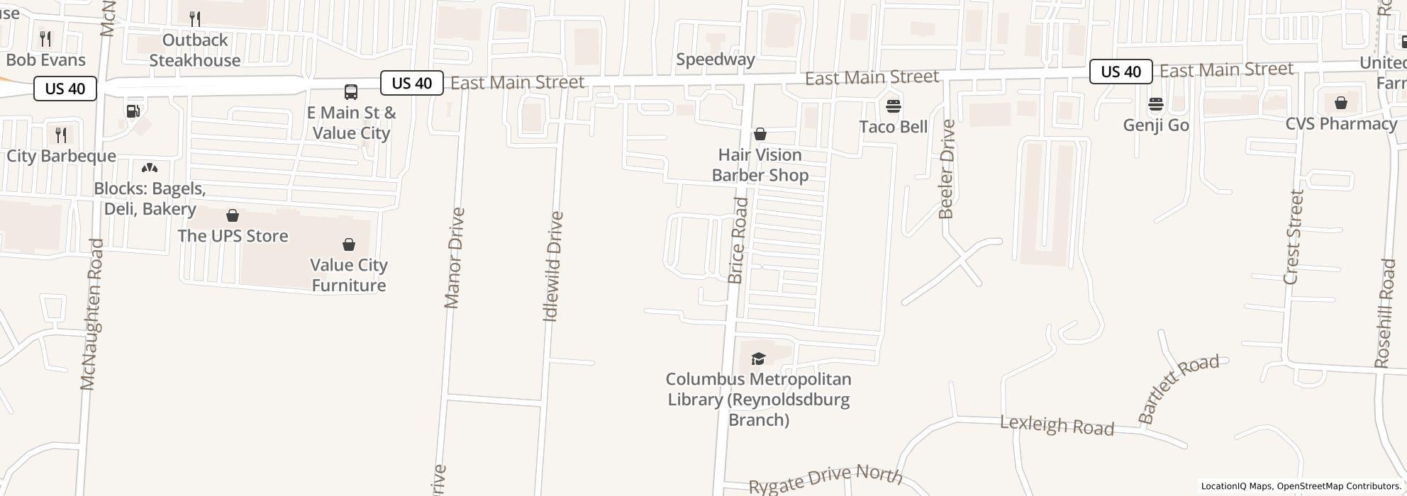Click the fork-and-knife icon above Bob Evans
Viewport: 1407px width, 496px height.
pyautogui.click(x=45, y=38)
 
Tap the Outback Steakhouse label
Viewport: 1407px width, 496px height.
pyautogui.click(x=194, y=50)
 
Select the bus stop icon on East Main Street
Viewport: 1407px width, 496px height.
pyautogui.click(x=351, y=91)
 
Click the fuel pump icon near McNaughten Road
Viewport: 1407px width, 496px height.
pyautogui.click(x=133, y=111)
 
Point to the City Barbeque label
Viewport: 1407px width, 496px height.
pyautogui.click(x=61, y=156)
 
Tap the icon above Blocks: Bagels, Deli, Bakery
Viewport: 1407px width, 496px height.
pyautogui.click(x=150, y=168)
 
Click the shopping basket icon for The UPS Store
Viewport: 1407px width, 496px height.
pyautogui.click(x=233, y=215)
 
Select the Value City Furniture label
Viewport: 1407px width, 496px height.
pyautogui.click(x=349, y=275)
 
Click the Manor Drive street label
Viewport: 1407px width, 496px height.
pyautogui.click(x=454, y=258)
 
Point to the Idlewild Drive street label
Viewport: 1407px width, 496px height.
pyautogui.click(x=552, y=266)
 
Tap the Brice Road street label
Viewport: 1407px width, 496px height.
pyautogui.click(x=738, y=241)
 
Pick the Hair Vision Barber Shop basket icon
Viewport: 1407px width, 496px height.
pyautogui.click(x=760, y=134)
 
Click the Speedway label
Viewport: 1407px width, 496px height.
pyautogui.click(x=715, y=60)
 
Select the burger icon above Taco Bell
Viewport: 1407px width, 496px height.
pyautogui.click(x=893, y=106)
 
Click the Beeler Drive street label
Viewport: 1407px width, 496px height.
pyautogui.click(x=947, y=169)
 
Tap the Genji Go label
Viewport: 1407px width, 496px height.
pyautogui.click(x=1155, y=125)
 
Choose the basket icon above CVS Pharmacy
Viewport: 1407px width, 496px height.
pyautogui.click(x=1340, y=103)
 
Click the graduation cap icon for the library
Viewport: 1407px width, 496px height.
pyautogui.click(x=758, y=359)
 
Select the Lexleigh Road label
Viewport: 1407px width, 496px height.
pyautogui.click(x=1057, y=426)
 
